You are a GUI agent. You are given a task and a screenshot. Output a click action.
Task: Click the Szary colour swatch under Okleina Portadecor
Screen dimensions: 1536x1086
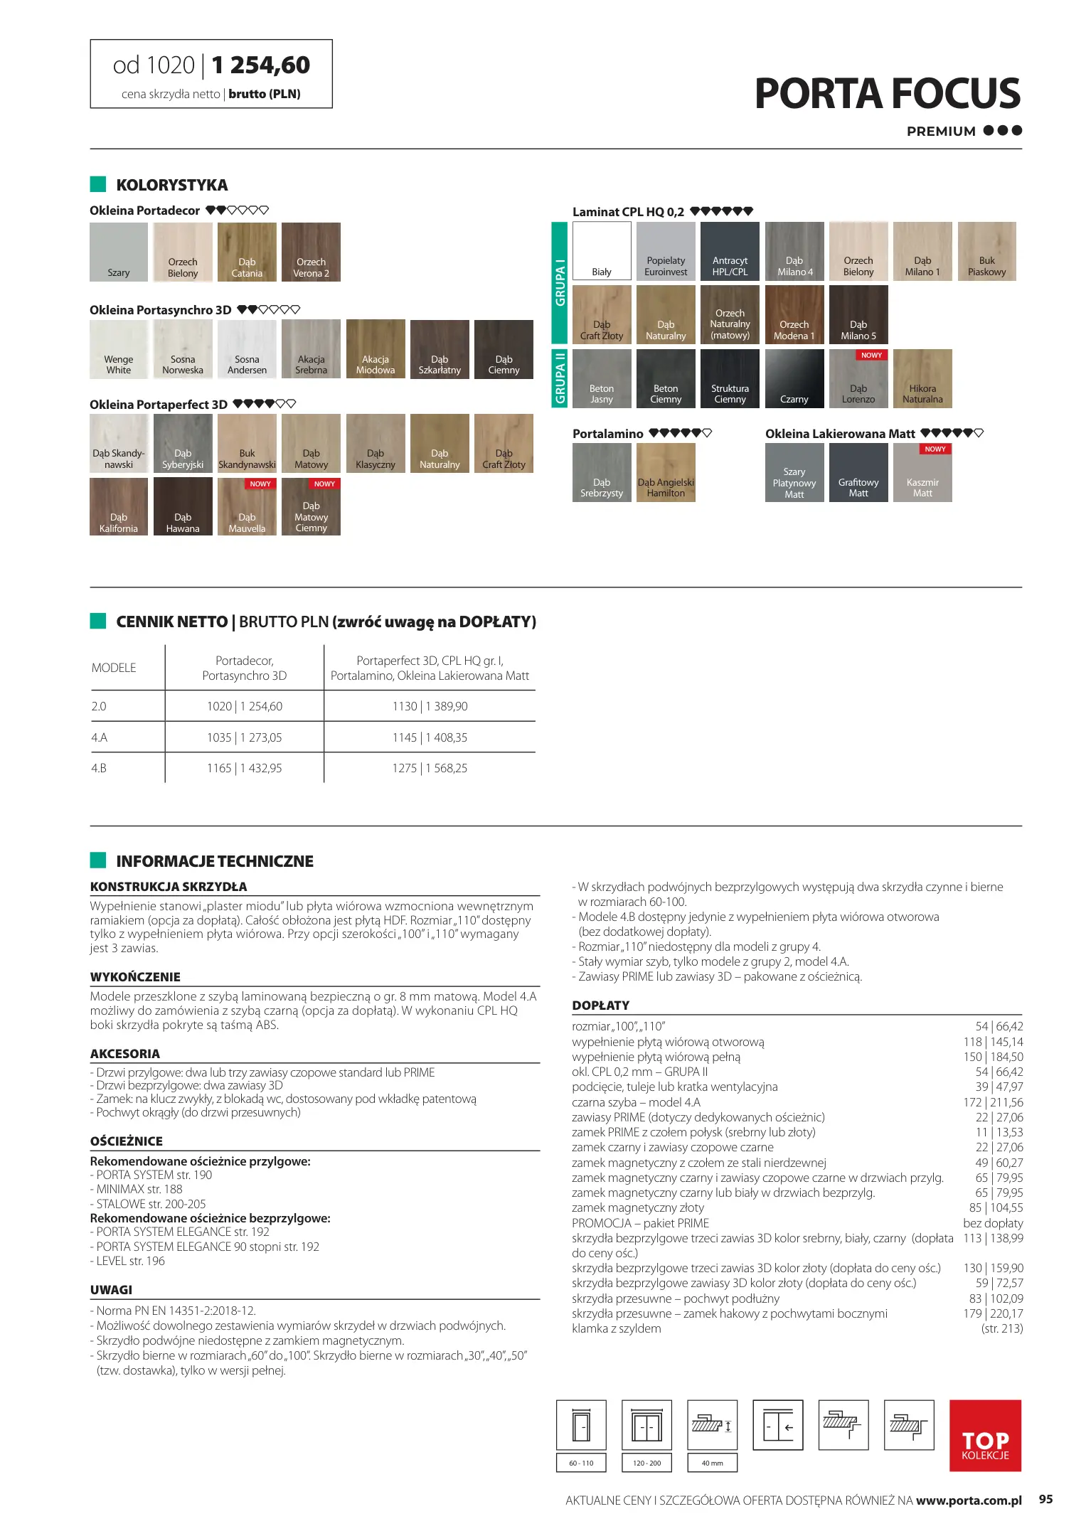119,252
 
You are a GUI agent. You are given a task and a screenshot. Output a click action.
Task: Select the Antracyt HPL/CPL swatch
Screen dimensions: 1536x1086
730,251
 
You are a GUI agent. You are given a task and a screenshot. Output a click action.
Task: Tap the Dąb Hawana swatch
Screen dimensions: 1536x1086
183,506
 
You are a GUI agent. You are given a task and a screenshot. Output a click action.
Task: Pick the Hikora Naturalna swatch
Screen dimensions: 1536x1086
922,378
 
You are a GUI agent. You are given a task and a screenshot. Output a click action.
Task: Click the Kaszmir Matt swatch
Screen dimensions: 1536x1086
922,473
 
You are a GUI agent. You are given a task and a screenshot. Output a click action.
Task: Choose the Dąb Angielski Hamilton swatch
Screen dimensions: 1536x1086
666,473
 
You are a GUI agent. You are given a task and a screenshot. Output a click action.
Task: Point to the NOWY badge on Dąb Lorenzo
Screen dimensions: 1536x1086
871,355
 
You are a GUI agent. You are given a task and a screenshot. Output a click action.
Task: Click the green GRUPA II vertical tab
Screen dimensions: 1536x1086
560,378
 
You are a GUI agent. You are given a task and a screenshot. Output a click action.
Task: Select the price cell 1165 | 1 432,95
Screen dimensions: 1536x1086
245,769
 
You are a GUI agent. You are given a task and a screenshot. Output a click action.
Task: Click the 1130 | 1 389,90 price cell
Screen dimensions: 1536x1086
430,707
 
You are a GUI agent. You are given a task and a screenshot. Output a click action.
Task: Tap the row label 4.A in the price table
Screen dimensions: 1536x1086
100,738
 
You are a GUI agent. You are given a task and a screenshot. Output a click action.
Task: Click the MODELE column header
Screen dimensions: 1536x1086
114,668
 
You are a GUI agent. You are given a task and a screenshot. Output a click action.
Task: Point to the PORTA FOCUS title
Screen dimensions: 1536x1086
887,94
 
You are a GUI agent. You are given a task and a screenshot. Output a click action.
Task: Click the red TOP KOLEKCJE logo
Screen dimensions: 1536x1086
985,1435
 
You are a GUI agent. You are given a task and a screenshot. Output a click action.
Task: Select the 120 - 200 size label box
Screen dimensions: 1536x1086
646,1463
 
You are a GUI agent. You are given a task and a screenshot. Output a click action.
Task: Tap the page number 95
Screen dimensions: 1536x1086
1045,1499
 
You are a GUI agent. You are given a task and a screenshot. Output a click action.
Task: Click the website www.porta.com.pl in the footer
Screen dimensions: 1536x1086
969,1500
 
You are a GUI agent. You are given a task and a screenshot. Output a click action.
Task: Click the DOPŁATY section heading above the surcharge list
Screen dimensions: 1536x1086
601,1006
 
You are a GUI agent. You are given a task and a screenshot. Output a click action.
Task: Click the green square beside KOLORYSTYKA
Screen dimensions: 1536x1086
98,184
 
